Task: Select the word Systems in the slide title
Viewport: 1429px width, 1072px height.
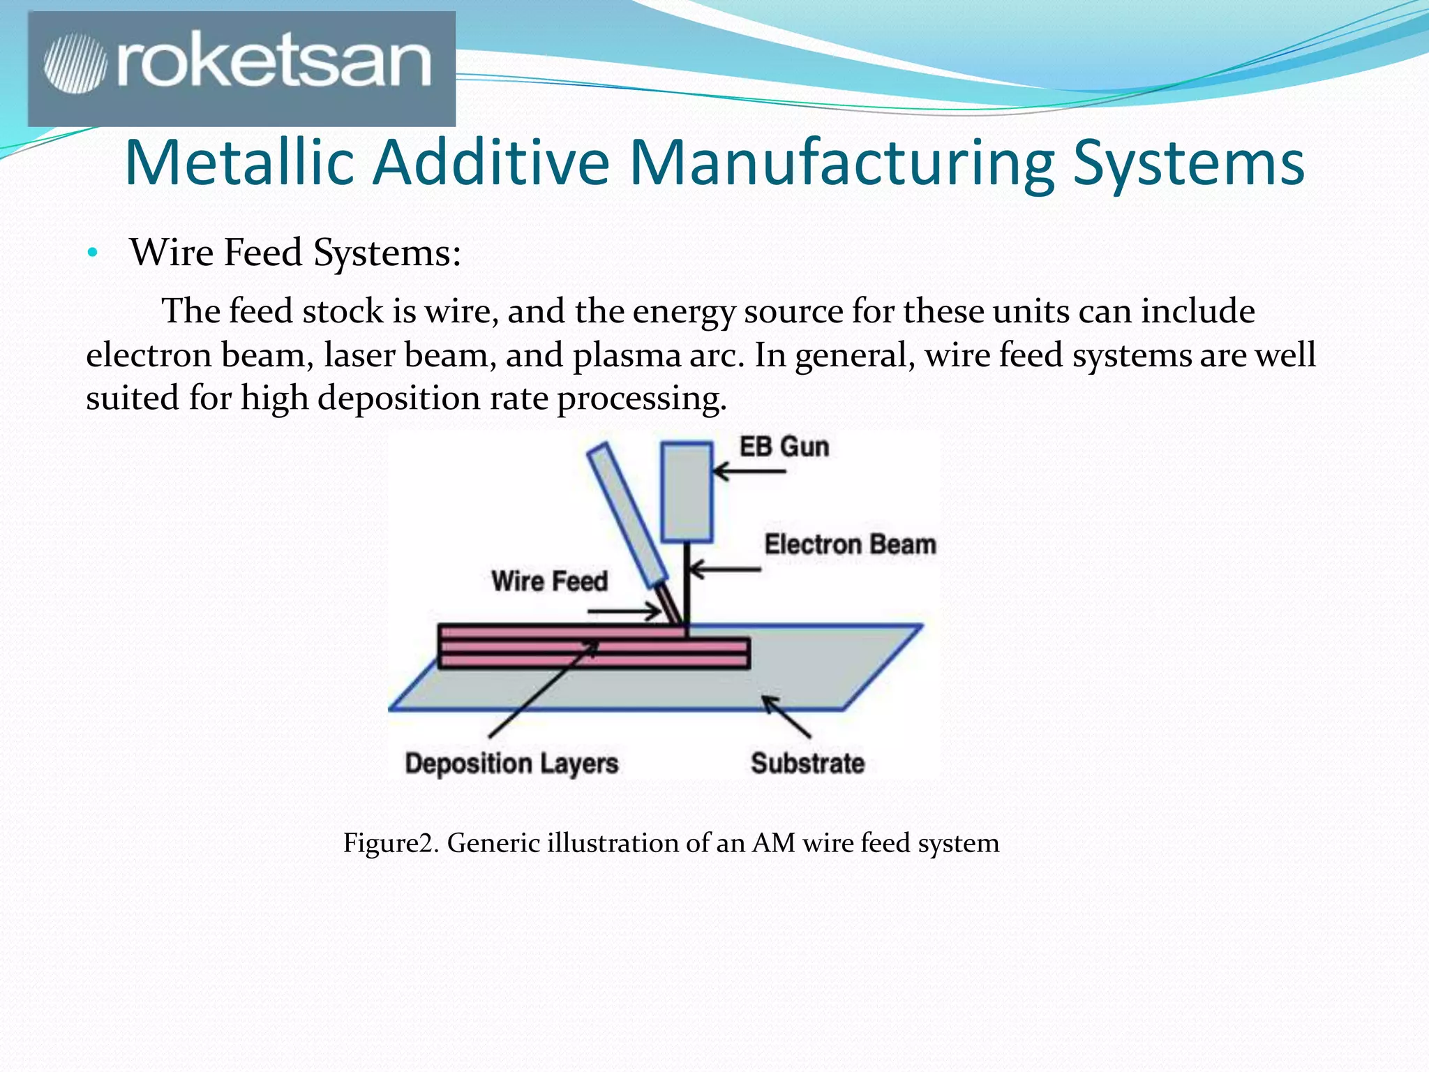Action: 1188,163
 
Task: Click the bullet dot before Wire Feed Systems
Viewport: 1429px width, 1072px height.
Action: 92,254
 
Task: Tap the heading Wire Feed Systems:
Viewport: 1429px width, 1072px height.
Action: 295,253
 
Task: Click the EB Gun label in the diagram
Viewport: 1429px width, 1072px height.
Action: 784,447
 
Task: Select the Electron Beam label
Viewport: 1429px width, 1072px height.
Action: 849,544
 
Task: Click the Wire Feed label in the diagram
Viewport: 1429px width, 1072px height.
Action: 549,581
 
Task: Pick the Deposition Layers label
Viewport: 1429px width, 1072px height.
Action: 511,764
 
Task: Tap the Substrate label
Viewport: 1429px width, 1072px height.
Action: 807,764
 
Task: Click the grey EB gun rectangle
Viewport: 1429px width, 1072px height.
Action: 687,492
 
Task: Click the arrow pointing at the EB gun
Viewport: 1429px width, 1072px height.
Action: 749,472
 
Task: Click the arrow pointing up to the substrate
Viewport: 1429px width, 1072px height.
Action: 786,716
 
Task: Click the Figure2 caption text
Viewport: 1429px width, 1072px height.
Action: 671,843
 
